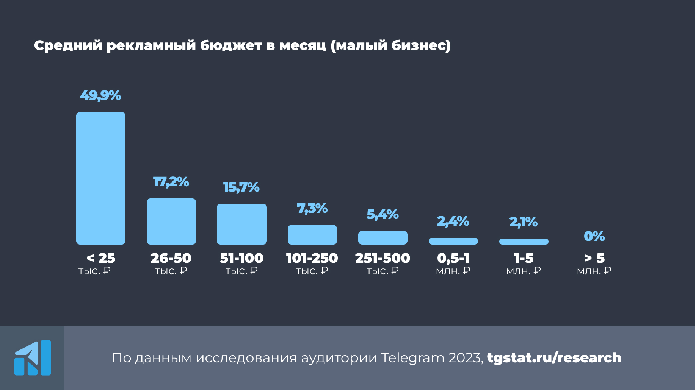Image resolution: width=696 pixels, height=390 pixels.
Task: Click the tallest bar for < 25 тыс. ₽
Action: point(101,178)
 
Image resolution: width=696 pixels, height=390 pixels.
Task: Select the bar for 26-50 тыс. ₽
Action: point(171,221)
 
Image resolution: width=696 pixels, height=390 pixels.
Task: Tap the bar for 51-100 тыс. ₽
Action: point(242,224)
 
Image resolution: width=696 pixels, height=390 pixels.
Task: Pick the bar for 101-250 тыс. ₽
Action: point(312,234)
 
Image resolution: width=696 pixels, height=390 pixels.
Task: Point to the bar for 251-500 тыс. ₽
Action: point(383,237)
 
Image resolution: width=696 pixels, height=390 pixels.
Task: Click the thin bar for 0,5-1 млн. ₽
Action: point(453,241)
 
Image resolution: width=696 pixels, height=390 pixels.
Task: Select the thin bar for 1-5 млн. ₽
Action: point(524,242)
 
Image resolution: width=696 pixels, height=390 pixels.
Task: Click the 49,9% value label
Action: point(100,95)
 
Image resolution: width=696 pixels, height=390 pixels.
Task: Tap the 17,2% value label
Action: point(171,182)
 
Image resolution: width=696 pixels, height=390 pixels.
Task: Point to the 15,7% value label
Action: point(241,187)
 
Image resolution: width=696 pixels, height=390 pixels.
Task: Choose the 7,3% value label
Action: point(312,208)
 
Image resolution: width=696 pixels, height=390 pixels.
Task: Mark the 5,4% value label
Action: point(382,214)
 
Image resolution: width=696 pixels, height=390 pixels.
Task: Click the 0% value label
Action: point(594,236)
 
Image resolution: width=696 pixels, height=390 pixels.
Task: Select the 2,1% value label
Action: point(524,222)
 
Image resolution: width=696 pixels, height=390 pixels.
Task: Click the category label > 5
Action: point(594,258)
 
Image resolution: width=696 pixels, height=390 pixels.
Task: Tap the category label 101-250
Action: point(312,258)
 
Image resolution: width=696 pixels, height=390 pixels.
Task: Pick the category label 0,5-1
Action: point(453,258)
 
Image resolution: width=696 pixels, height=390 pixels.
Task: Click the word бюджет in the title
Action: point(231,45)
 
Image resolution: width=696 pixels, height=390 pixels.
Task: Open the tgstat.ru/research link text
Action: point(554,357)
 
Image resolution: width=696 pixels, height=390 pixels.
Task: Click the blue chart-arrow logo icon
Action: point(33,357)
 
